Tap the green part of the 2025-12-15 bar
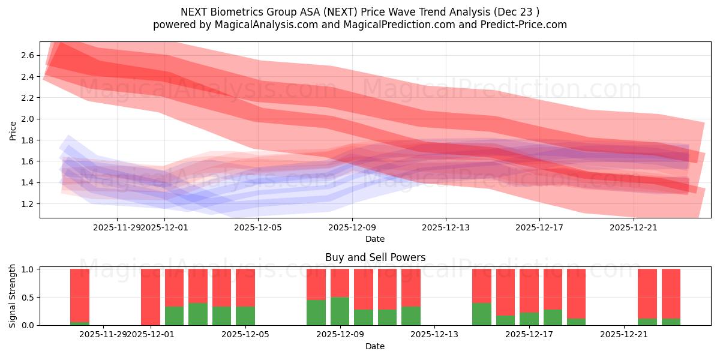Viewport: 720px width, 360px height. point(482,314)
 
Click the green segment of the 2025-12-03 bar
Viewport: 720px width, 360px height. point(198,314)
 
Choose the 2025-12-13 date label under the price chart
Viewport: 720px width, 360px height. point(445,227)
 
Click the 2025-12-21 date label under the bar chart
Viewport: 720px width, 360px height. point(625,334)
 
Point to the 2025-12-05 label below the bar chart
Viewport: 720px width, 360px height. point(245,334)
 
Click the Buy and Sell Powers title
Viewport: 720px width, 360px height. point(375,257)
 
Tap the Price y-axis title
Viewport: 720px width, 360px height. point(13,130)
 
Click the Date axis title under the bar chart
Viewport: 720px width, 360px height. point(375,346)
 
